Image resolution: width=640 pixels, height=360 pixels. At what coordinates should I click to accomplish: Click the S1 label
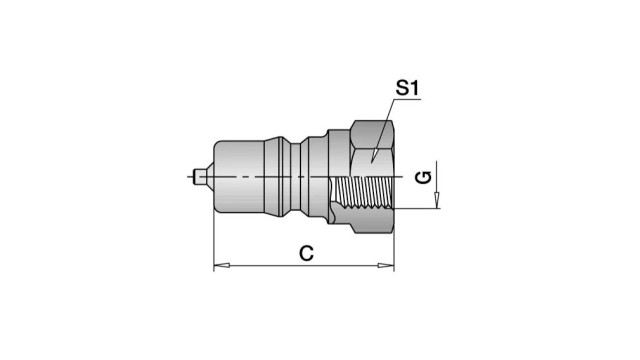[x=407, y=88]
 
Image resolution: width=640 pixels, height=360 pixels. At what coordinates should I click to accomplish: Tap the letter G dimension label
[x=423, y=178]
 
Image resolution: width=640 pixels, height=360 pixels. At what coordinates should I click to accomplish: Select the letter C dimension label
[x=306, y=253]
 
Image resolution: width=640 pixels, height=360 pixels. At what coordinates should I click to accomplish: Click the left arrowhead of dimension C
[x=222, y=266]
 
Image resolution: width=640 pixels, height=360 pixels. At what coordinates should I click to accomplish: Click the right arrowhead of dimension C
[x=386, y=266]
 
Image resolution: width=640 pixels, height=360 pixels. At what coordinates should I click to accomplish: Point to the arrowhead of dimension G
[x=437, y=200]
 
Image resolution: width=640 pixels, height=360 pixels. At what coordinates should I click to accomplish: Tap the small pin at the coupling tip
[x=199, y=177]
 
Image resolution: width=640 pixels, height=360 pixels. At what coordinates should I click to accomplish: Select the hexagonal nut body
[x=372, y=177]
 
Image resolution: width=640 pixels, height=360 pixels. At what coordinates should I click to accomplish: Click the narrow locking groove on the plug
[x=296, y=177]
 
